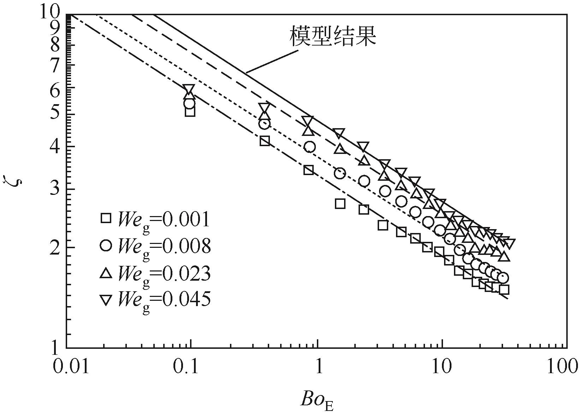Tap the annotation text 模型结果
pos(332,36)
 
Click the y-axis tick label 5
pos(56,115)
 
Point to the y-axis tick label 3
pos(56,189)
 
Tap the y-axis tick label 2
pos(56,247)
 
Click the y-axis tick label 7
pos(56,66)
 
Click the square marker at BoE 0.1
pos(190,112)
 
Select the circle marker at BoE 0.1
pos(189,104)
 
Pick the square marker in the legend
pos(106,219)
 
